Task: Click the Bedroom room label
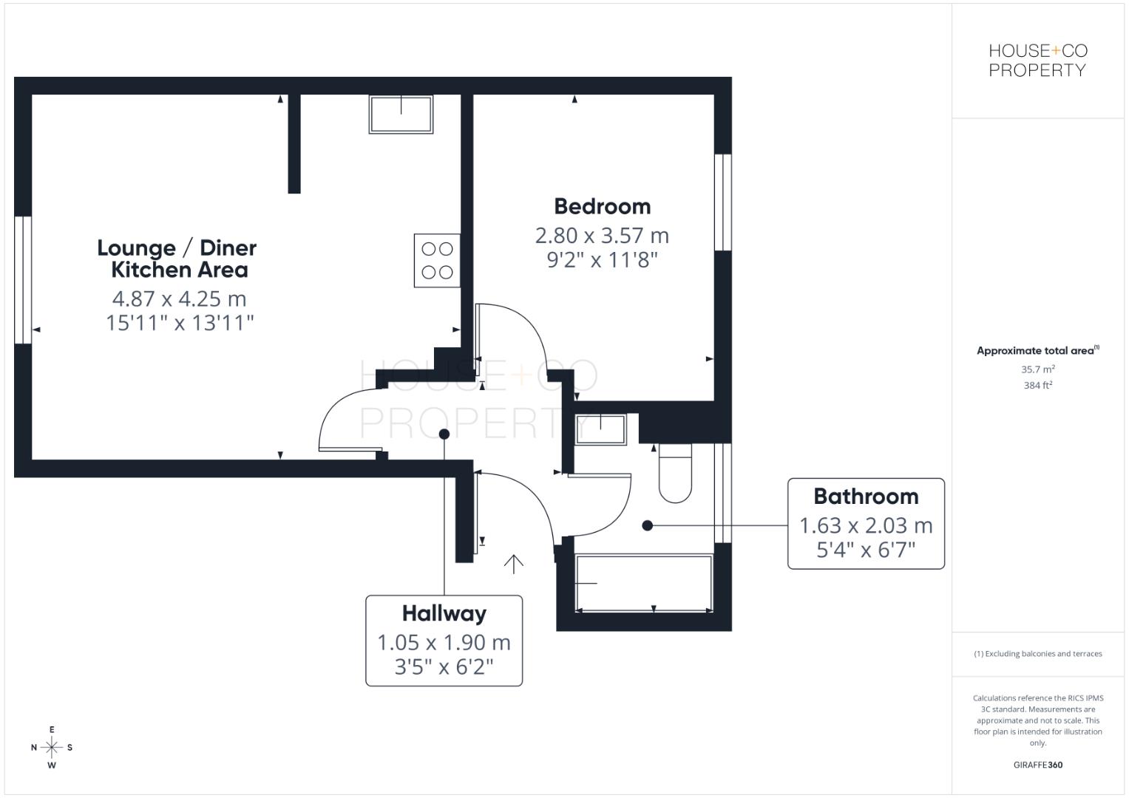pos(602,206)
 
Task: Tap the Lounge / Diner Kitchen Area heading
pos(177,259)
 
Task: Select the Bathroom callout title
pos(866,497)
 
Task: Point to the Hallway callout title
pos(444,613)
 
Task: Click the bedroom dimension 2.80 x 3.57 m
pos(602,236)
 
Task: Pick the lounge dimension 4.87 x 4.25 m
pos(179,299)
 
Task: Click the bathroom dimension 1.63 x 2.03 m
pos(866,526)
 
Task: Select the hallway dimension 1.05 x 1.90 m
pos(444,643)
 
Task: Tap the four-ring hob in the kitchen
pos(437,260)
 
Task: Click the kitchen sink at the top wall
pos(401,114)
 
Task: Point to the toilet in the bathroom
pos(674,473)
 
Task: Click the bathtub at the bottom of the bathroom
pos(643,584)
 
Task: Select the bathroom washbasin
pos(600,429)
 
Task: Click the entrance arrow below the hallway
pos(513,564)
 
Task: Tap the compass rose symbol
pos(52,747)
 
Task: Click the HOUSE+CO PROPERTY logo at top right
pos(1037,61)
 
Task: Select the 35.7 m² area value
pos(1037,369)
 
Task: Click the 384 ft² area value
pos(1037,385)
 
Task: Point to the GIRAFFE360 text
pos(1037,765)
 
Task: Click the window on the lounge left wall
pos(23,280)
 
